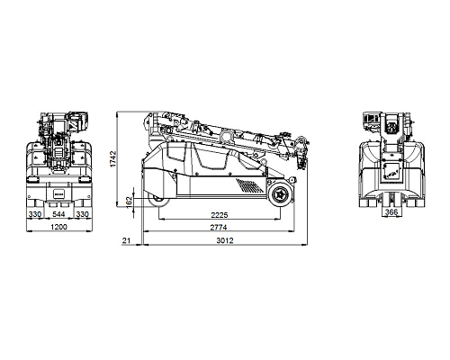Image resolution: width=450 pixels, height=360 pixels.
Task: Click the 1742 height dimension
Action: point(113,158)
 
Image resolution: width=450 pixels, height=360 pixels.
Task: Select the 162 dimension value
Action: point(129,201)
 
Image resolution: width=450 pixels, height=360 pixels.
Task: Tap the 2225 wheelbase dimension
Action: point(220,215)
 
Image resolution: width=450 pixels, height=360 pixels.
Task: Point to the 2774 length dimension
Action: point(219,228)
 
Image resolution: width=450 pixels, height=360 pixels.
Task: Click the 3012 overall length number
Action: point(225,240)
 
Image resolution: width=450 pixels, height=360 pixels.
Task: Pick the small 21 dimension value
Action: point(126,240)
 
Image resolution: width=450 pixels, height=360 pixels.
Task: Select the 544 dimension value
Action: point(58,214)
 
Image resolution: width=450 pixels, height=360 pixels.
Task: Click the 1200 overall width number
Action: point(58,227)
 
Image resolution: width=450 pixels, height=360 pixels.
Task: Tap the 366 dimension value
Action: point(391,212)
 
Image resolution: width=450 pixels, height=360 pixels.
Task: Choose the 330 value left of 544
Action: point(35,214)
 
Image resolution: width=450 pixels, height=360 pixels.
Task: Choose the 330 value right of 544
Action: point(82,214)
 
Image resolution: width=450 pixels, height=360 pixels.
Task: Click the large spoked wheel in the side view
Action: point(281,194)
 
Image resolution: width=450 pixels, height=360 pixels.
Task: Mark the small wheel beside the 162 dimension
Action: point(157,200)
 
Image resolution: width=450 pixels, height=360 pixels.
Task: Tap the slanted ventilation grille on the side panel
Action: point(249,185)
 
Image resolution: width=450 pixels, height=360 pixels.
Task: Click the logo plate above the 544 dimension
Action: point(58,193)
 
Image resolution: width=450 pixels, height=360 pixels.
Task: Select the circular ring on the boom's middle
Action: point(226,136)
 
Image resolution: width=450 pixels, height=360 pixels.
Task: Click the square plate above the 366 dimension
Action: point(391,173)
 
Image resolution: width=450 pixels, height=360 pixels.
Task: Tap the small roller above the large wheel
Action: point(292,179)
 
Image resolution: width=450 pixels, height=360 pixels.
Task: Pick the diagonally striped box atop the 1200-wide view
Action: point(76,121)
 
